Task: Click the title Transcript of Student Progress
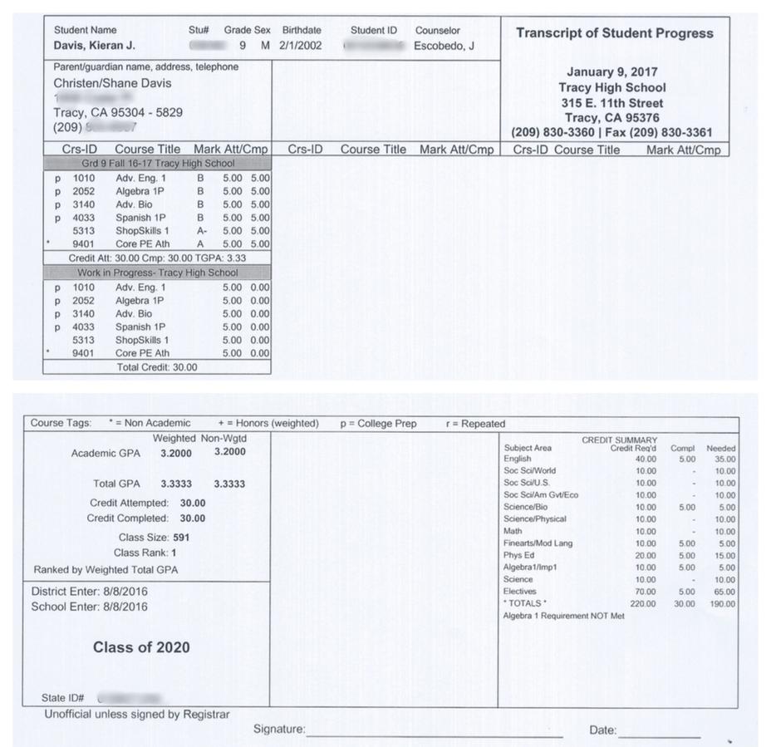click(614, 34)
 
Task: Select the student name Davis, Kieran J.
click(94, 46)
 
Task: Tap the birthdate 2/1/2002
click(300, 46)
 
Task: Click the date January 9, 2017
click(612, 72)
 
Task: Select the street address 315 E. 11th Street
click(612, 102)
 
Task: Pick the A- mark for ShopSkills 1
click(201, 231)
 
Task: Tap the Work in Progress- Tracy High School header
click(158, 273)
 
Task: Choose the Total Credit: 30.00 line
click(157, 366)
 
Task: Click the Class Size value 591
click(181, 538)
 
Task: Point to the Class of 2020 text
click(141, 647)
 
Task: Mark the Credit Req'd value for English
click(645, 459)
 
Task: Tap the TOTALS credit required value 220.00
click(642, 603)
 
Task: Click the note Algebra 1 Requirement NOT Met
click(563, 616)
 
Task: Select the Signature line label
click(279, 730)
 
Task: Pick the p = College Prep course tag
click(378, 424)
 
